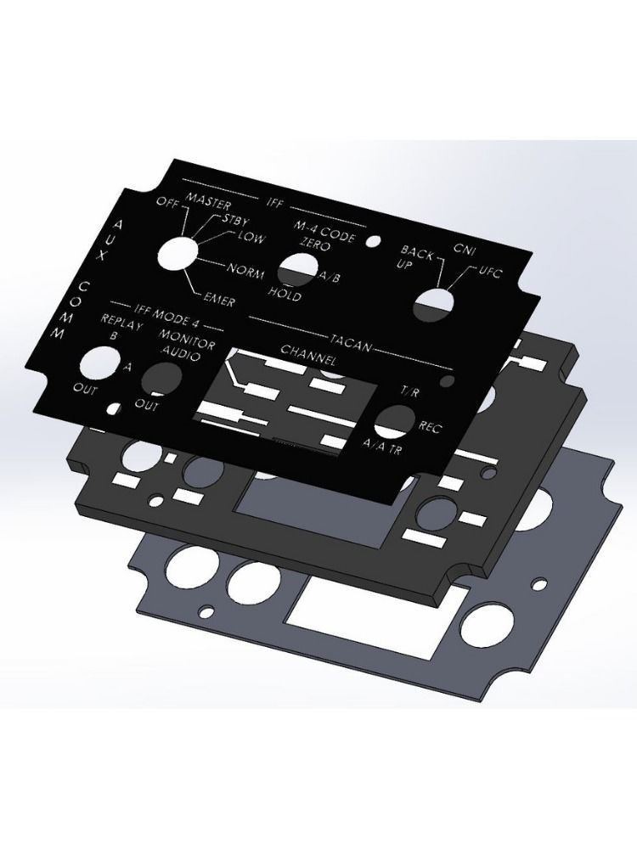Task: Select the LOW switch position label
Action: click(x=251, y=239)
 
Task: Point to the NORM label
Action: click(x=247, y=271)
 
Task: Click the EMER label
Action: click(x=219, y=297)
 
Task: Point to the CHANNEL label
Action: click(x=309, y=351)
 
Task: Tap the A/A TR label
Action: click(x=382, y=444)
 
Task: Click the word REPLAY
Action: click(x=122, y=320)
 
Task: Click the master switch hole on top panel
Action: click(x=178, y=251)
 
